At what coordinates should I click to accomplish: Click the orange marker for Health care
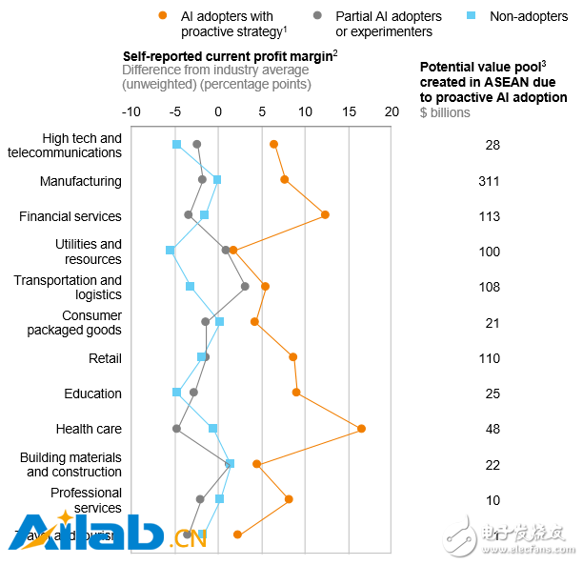[x=361, y=429]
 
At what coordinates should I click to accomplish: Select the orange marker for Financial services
[x=325, y=215]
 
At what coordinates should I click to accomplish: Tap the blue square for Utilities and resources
[x=171, y=251]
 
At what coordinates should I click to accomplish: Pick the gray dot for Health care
[x=176, y=429]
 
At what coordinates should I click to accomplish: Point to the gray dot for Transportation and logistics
[x=245, y=286]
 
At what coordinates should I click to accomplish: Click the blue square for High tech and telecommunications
[x=176, y=144]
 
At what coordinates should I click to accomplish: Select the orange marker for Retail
[x=292, y=357]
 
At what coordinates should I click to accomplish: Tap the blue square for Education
[x=176, y=393]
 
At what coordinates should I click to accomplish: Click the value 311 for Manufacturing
[x=489, y=181]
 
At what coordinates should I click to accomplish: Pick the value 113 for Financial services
[x=489, y=216]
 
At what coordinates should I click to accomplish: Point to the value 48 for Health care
[x=493, y=429]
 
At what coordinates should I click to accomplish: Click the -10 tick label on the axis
[x=131, y=111]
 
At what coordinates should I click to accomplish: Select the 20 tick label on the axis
[x=392, y=111]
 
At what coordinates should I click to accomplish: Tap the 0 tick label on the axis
[x=218, y=111]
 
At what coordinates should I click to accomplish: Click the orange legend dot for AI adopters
[x=164, y=16]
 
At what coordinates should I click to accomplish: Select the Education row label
[x=92, y=393]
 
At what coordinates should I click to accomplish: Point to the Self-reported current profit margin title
[x=230, y=55]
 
